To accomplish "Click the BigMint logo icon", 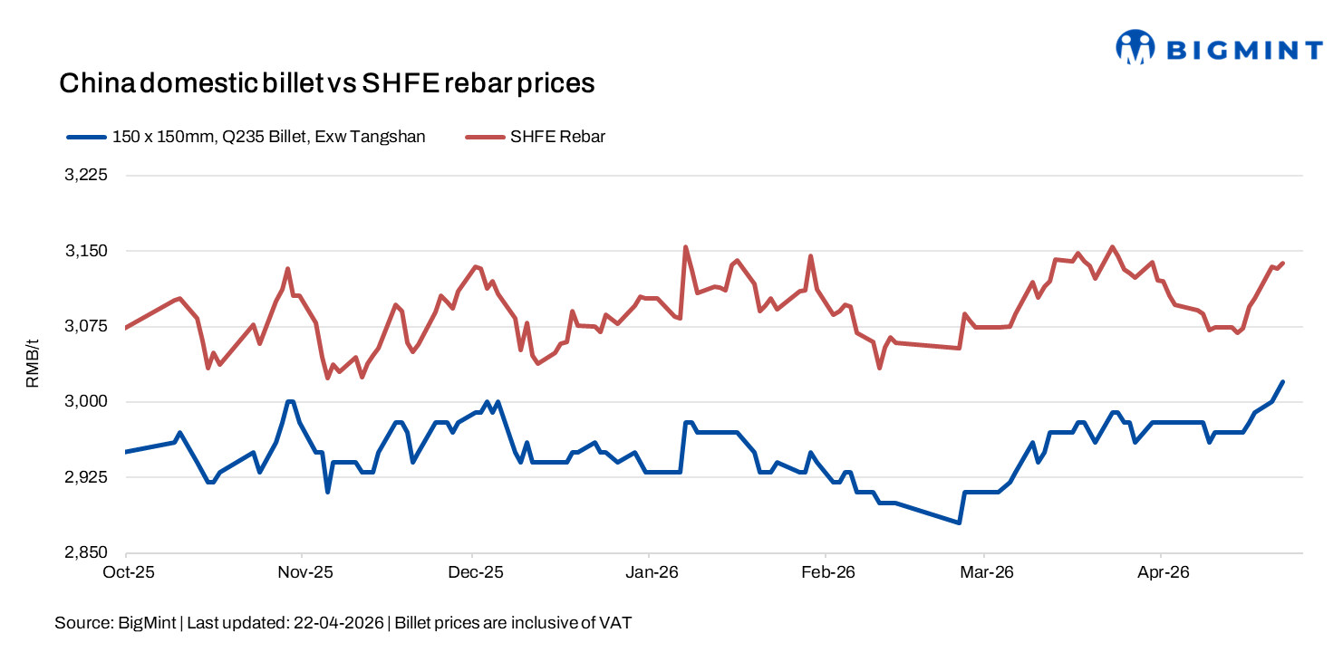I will [x=1135, y=47].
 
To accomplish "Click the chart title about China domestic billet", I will [x=326, y=83].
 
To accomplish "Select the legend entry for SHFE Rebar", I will [x=557, y=137].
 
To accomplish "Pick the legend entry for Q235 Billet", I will [x=268, y=137].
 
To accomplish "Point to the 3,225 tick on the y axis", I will [x=86, y=176].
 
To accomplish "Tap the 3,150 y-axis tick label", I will [x=86, y=251].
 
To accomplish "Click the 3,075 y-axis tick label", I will [x=86, y=326].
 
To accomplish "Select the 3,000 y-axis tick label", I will [x=86, y=401].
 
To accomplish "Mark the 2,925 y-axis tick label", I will [x=86, y=477].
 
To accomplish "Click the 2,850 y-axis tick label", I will [x=86, y=552].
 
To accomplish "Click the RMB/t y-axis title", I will [x=33, y=363].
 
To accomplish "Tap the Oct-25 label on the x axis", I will [x=127, y=572].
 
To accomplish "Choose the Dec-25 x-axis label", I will [x=477, y=572].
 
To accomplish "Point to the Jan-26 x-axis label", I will [x=653, y=572].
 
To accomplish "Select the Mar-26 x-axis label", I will [x=988, y=572].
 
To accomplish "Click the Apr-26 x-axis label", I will [x=1164, y=572].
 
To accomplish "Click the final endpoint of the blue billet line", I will [x=1283, y=381].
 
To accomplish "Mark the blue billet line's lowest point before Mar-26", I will [x=959, y=523].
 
